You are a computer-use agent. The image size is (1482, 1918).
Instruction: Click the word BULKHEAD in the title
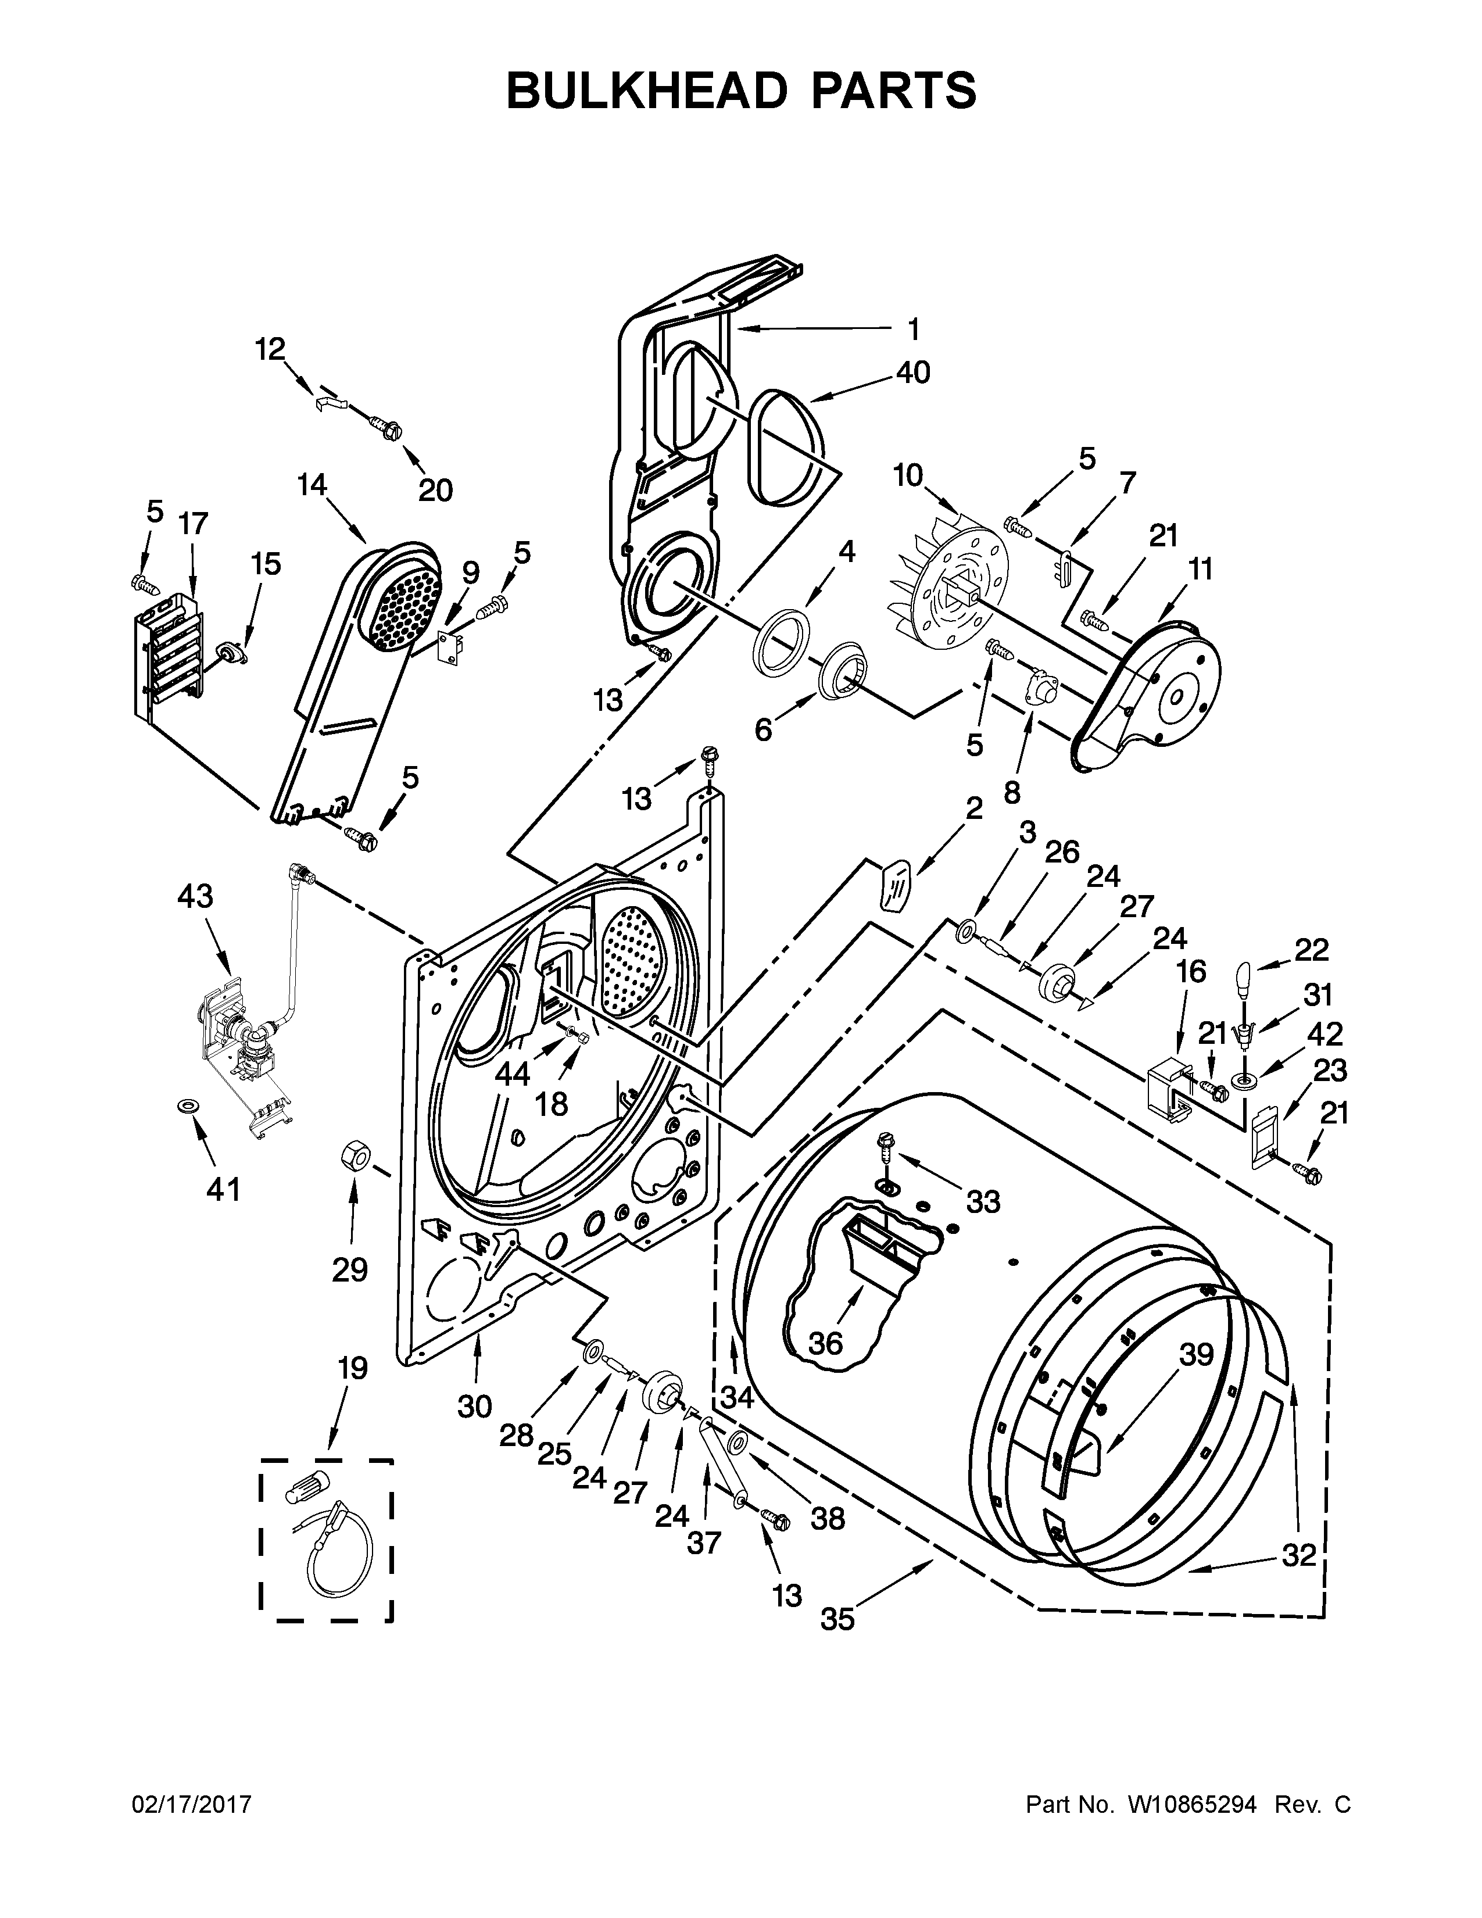[648, 91]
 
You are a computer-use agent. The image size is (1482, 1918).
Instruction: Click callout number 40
[913, 373]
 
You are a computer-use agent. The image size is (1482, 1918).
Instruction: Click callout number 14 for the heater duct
[312, 484]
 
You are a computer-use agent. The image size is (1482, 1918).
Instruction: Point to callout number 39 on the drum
[1196, 1355]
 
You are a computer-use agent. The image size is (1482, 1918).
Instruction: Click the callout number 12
[270, 349]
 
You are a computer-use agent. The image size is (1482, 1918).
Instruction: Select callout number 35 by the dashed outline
[837, 1619]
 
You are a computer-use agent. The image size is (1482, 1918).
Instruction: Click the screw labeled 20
[385, 430]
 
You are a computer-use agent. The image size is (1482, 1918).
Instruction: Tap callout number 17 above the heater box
[193, 524]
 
